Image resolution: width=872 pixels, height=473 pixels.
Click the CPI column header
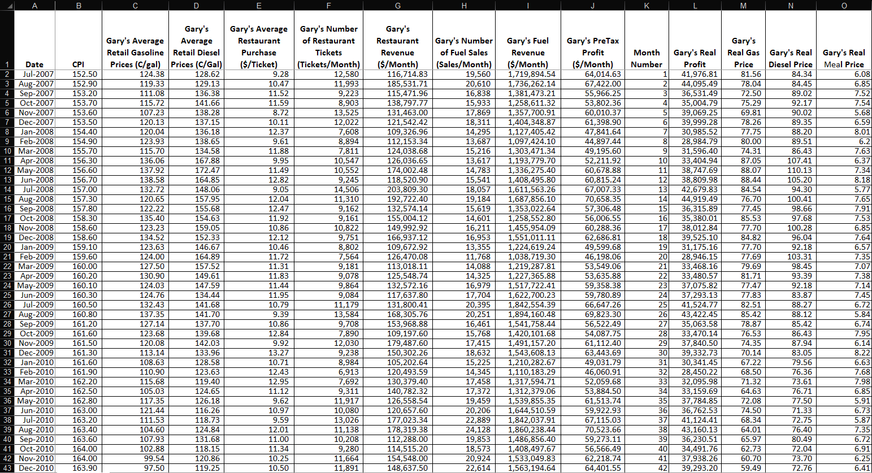[78, 64]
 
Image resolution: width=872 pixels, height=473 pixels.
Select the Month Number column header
[647, 58]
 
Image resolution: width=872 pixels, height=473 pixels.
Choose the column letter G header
[398, 5]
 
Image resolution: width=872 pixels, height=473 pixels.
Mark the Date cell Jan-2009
[37, 247]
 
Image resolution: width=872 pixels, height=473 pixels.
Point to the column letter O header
[844, 5]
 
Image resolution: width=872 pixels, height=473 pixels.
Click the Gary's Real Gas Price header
[743, 53]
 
